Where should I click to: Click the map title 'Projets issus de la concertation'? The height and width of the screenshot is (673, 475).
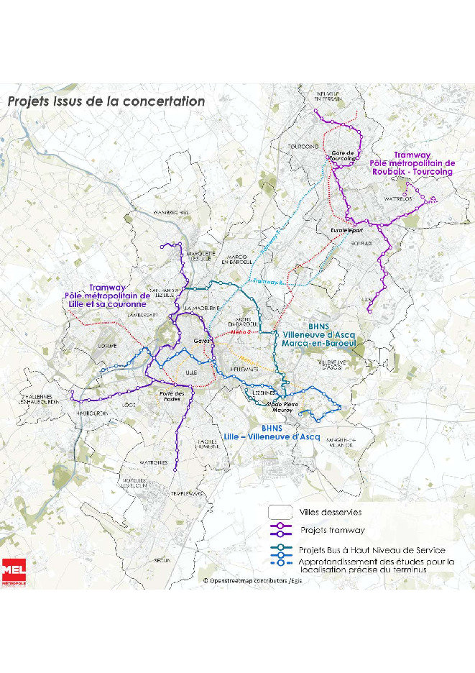click(106, 101)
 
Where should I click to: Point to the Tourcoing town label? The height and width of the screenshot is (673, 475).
click(303, 147)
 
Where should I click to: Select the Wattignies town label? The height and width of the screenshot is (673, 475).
click(153, 462)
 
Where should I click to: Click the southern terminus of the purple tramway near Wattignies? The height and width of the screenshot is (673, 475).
click(175, 470)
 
